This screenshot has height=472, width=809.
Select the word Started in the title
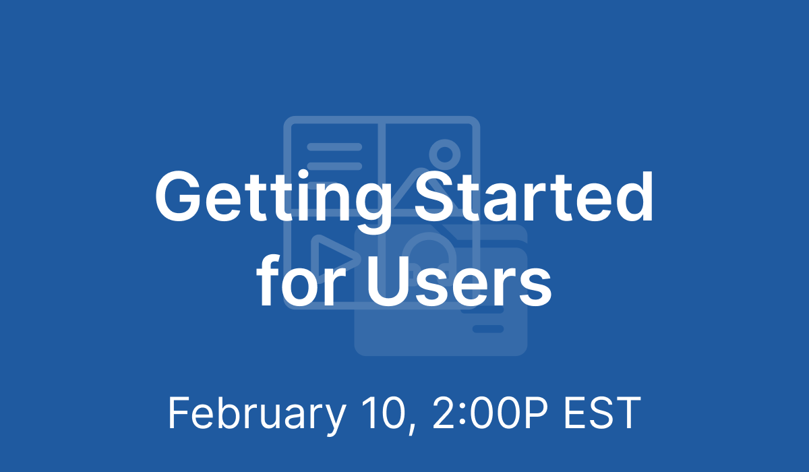click(x=534, y=197)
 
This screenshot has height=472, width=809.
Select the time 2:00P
click(x=490, y=413)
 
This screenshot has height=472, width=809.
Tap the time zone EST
click(x=602, y=413)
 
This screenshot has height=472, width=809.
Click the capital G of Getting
click(x=178, y=197)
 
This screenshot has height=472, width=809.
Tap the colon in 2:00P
click(x=463, y=417)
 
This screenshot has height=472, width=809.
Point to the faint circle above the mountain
click(x=444, y=154)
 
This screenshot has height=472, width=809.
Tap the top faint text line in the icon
click(x=334, y=147)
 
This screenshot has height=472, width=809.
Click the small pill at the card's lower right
click(x=488, y=328)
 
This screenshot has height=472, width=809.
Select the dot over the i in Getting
click(x=302, y=175)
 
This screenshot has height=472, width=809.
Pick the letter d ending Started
click(x=634, y=197)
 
